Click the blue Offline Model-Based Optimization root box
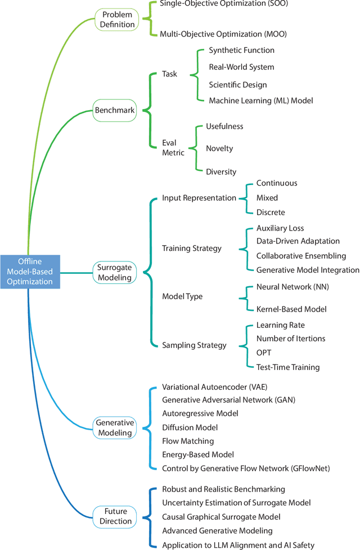[30, 272]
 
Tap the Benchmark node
[115, 110]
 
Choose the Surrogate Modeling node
[114, 272]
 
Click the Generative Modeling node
[115, 427]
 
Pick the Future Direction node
[115, 516]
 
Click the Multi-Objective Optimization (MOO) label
[223, 34]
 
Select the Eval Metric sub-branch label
[173, 148]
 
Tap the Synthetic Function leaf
[241, 50]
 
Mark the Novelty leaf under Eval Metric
[219, 148]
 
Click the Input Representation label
[199, 198]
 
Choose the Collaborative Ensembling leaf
[301, 256]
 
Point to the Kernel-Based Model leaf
[291, 309]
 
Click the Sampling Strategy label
[195, 345]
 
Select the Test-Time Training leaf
[288, 367]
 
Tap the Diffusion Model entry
[190, 427]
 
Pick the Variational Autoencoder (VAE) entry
[221, 387]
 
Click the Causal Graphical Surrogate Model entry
[221, 516]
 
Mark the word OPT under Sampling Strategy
[264, 353]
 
